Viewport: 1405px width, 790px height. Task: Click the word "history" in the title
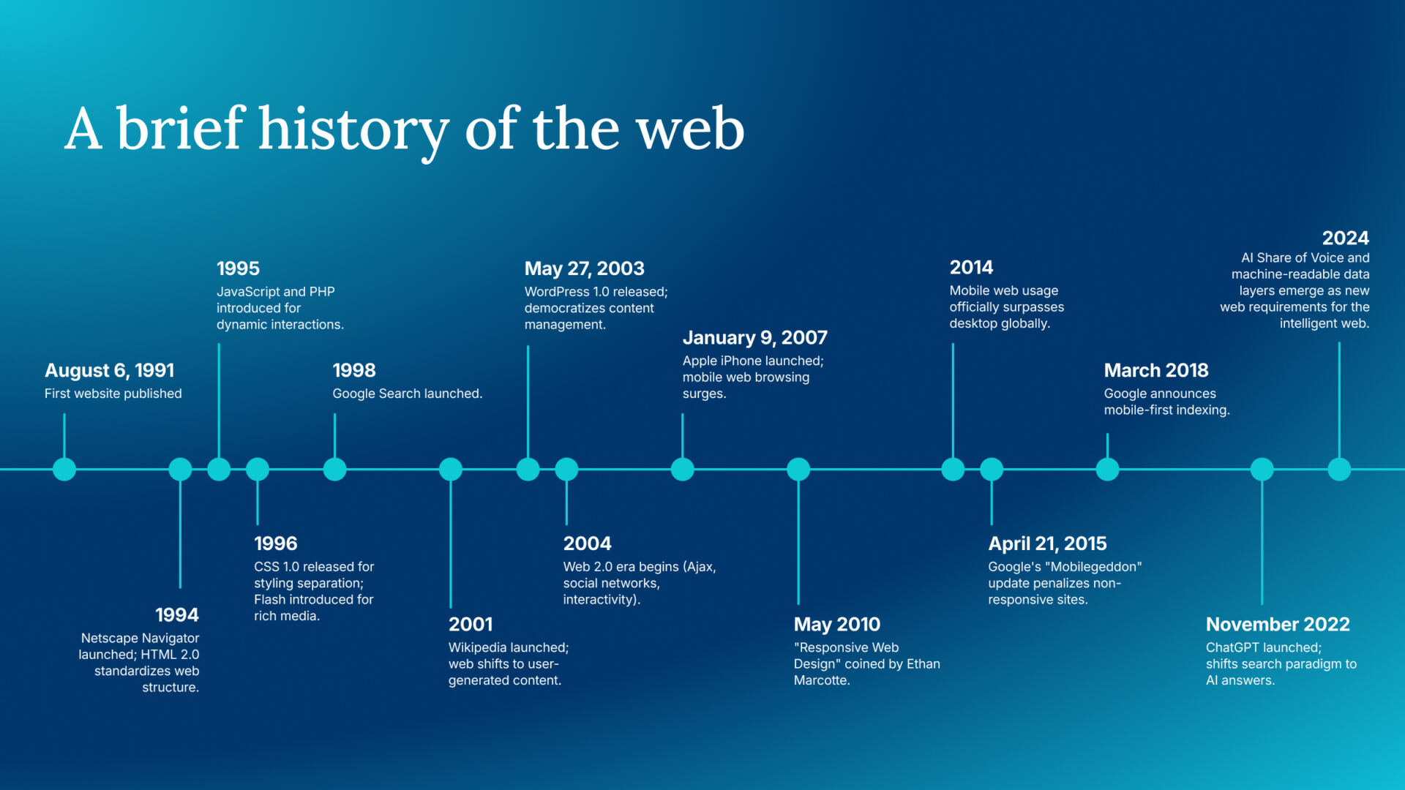(353, 129)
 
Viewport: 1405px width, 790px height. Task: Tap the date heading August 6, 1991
(110, 371)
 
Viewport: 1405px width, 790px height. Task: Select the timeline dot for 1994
(180, 469)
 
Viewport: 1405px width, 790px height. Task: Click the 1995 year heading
(238, 268)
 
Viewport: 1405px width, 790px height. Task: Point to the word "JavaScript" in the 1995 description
(249, 292)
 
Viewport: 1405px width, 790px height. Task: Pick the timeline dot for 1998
(334, 469)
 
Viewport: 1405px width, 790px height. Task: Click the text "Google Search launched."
(407, 394)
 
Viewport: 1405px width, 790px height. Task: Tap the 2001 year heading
(471, 624)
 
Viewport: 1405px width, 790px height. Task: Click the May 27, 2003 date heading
(584, 268)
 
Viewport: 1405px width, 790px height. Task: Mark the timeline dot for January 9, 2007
(682, 469)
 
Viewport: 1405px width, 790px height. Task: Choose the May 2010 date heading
(836, 624)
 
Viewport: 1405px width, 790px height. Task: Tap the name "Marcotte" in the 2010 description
(820, 680)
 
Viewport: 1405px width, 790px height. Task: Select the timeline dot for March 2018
(1107, 469)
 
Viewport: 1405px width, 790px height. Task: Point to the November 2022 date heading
(1278, 624)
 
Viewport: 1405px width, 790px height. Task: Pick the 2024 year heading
(1345, 238)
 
